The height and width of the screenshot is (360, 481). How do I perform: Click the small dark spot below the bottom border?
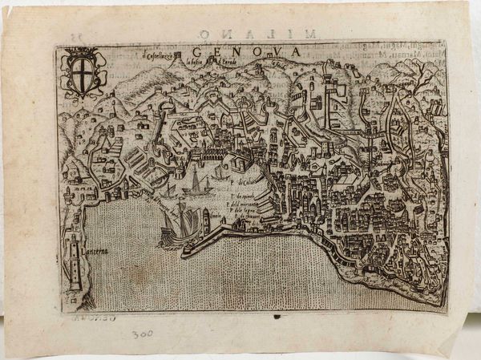pos(277,317)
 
